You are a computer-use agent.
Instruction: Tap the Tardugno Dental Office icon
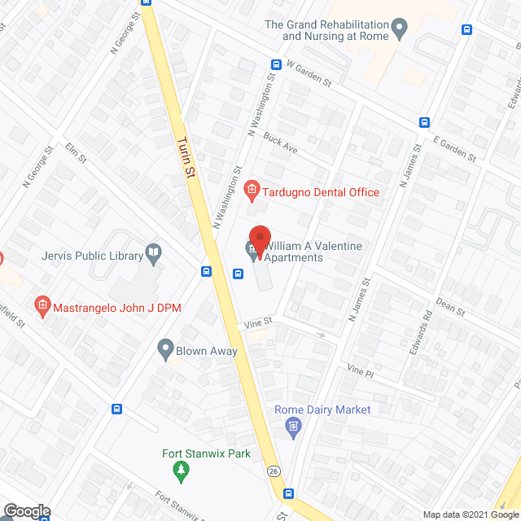(252, 192)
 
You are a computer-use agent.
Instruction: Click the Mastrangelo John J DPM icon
(43, 307)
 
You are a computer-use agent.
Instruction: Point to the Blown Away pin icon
(165, 351)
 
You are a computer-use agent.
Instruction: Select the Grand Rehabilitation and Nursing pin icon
(399, 31)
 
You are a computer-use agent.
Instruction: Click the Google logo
(25, 511)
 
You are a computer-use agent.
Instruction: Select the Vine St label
(256, 323)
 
